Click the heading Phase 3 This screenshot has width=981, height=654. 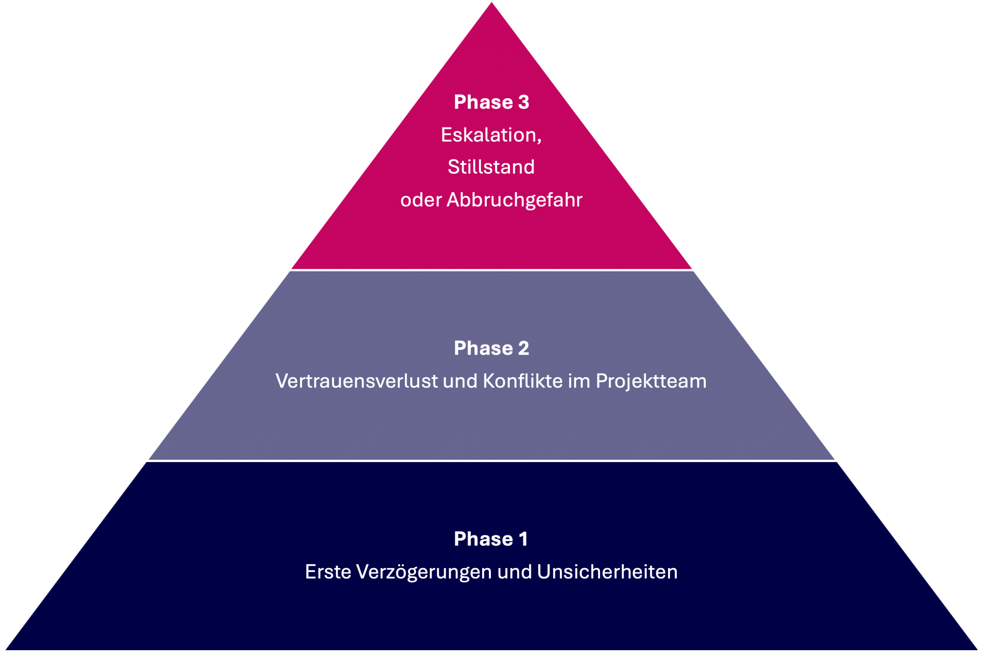(x=491, y=102)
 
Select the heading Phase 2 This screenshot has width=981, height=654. (x=491, y=348)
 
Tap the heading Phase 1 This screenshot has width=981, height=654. (x=491, y=539)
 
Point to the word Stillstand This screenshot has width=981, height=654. (x=491, y=167)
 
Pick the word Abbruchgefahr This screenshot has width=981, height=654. (x=514, y=200)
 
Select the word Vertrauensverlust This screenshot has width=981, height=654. (x=357, y=381)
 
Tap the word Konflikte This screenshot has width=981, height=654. (x=523, y=381)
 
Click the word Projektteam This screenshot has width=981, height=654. (x=651, y=381)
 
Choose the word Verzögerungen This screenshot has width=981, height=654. (x=424, y=572)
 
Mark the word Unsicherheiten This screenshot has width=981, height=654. (x=607, y=572)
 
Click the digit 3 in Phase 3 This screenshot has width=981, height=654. (x=524, y=102)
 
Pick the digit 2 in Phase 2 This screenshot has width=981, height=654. (x=524, y=348)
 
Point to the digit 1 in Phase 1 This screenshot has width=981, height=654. (x=523, y=539)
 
